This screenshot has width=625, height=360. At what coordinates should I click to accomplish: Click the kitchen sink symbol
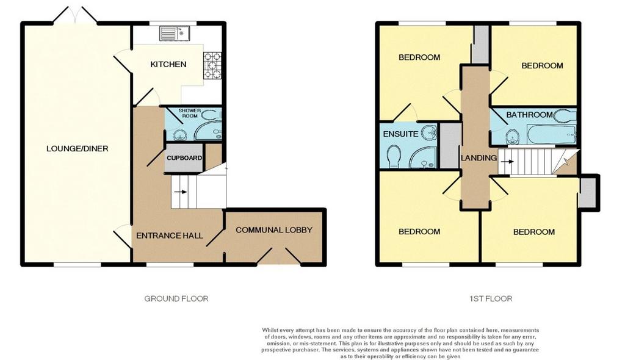coord(175,33)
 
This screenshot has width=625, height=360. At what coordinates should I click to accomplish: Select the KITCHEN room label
coord(168,64)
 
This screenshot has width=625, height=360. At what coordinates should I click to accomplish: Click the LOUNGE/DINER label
coord(78,149)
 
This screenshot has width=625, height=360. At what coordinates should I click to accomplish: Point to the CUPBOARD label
coord(184,158)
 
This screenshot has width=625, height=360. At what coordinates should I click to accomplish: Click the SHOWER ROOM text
coord(190,113)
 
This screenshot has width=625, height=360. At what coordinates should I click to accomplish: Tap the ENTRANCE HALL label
coord(170,236)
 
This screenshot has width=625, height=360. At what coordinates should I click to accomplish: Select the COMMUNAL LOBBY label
coord(274,230)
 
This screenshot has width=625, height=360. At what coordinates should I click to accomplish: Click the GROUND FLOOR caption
coord(176,298)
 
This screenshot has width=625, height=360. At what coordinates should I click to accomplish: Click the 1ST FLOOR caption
coord(491,298)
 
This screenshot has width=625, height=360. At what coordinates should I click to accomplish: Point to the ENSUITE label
coord(400,134)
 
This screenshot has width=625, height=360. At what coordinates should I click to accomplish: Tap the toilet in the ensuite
coord(394,156)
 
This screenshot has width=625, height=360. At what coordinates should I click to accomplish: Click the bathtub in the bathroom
coord(551,135)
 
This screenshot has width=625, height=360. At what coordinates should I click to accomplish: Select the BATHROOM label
coord(529,115)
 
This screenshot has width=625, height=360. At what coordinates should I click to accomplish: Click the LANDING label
coord(479,158)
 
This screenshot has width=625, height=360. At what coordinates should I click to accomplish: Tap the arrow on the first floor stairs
coord(507,162)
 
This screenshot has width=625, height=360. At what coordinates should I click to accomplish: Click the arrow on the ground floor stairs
coord(181,192)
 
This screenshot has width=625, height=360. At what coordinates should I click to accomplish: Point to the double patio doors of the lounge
coord(75,15)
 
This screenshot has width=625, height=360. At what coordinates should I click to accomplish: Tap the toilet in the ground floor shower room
coord(211,115)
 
